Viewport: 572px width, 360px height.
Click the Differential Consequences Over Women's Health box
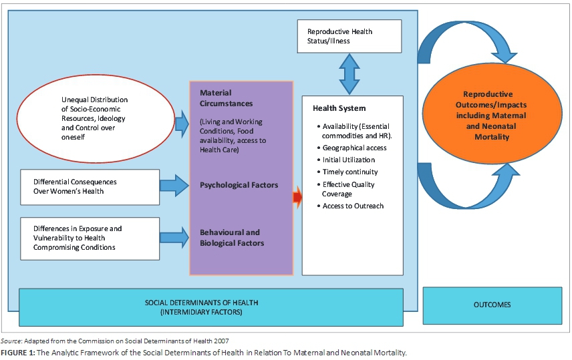[90, 186]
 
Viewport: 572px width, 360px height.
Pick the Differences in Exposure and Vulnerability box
[90, 238]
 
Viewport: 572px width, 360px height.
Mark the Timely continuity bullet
[350, 172]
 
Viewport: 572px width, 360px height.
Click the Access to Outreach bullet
[352, 206]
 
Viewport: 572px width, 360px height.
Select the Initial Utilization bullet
[348, 160]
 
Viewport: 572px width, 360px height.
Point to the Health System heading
[339, 108]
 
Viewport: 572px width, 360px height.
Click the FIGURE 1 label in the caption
[22, 352]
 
